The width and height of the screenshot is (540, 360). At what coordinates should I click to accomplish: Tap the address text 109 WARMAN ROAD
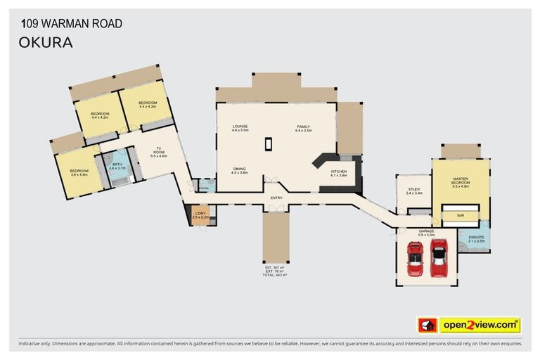[71, 24]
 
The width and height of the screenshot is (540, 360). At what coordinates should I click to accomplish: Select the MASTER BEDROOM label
[461, 183]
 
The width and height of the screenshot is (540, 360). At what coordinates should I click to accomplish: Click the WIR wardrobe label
[461, 215]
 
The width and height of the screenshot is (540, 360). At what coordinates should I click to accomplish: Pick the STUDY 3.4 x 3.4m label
[413, 191]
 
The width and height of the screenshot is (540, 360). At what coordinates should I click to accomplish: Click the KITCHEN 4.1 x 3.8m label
[339, 173]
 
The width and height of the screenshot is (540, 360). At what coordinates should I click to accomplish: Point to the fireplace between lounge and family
[268, 143]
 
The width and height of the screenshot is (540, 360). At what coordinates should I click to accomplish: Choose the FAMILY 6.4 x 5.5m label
[303, 129]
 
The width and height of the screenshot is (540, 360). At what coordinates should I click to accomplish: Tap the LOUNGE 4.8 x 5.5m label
[240, 129]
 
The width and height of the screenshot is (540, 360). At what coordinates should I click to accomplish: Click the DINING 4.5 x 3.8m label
[240, 171]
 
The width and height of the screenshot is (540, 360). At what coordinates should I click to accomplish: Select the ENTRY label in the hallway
[276, 198]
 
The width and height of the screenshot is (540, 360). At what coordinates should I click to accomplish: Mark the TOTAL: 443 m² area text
[276, 275]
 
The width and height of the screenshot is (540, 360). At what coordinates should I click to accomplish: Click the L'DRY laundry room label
[200, 215]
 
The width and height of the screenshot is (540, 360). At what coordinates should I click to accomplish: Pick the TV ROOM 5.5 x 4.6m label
[159, 153]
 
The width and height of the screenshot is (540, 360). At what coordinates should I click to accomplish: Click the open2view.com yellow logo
[480, 325]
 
